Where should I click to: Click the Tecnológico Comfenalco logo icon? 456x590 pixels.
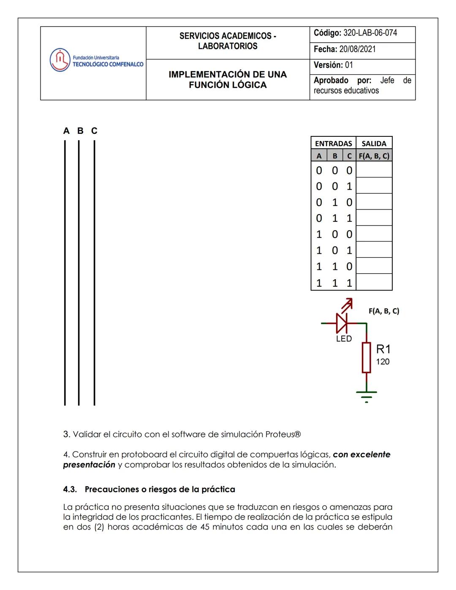(60, 60)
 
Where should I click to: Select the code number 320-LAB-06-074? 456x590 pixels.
(370, 33)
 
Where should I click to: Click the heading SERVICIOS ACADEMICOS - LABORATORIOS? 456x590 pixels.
(228, 41)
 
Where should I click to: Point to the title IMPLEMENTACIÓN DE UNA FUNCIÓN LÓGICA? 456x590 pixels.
(228, 79)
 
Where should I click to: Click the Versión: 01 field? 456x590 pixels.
(333, 65)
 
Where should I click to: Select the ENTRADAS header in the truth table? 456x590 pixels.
(333, 143)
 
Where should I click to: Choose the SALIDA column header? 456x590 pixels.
(374, 143)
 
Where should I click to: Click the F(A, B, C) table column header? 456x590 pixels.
(374, 156)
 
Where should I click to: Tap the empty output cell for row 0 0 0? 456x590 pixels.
(374, 170)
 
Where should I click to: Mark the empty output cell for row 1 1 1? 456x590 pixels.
(374, 282)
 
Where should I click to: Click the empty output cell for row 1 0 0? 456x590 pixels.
(374, 234)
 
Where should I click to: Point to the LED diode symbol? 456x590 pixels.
(342, 324)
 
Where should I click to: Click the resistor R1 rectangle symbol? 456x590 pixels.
(366, 357)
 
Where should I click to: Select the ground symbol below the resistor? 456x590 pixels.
(366, 395)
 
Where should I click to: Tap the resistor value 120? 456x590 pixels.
(383, 362)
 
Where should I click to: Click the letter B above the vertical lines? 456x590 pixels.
(80, 131)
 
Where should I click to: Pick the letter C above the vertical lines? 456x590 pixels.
(94, 131)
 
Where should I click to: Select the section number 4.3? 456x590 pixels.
(70, 489)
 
